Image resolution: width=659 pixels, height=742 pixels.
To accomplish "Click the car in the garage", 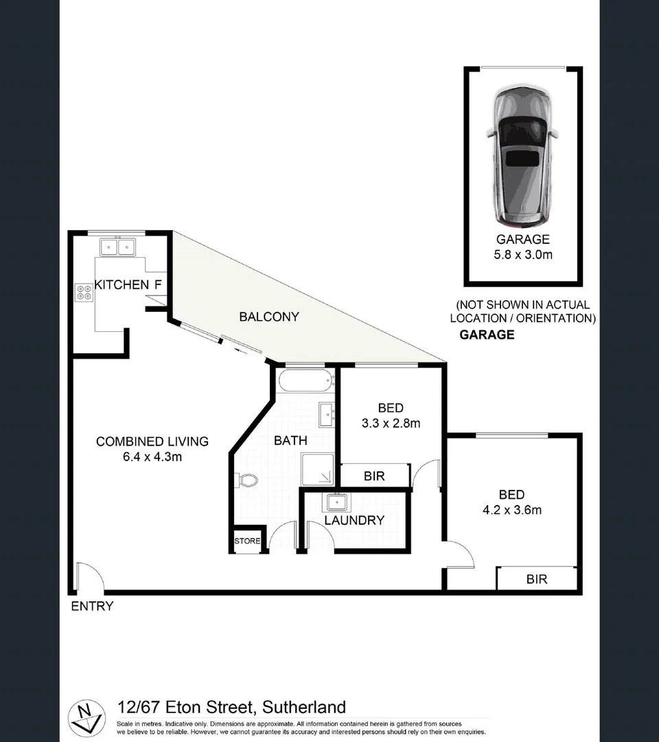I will tap(522, 156).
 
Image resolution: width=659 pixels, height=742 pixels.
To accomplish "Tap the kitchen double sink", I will tap(117, 246).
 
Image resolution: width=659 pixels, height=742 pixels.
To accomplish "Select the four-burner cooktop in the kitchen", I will tap(84, 293).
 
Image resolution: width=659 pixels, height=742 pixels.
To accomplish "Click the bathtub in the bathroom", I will tap(305, 380).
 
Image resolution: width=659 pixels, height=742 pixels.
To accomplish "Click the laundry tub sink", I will tap(336, 502).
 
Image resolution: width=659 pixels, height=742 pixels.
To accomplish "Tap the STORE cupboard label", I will tap(247, 541).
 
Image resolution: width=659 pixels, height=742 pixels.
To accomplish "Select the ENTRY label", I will tap(92, 606).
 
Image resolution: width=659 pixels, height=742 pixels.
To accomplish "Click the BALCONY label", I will tap(269, 317).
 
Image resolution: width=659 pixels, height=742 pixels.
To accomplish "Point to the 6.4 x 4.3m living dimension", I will tap(152, 457).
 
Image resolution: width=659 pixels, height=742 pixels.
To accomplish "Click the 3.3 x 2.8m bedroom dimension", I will tap(390, 423).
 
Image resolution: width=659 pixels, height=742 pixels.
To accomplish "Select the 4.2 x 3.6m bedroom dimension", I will tap(512, 510).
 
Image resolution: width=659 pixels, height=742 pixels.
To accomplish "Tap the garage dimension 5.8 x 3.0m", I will tap(523, 255).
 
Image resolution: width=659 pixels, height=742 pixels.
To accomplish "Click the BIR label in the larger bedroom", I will tap(537, 579).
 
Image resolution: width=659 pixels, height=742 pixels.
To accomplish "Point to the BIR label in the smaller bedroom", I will tap(374, 475).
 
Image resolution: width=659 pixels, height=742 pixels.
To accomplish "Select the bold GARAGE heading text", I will tap(487, 335).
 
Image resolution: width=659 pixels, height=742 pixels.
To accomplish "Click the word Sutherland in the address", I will tap(303, 707).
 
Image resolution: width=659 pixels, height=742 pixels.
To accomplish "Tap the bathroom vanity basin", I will tap(326, 414).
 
